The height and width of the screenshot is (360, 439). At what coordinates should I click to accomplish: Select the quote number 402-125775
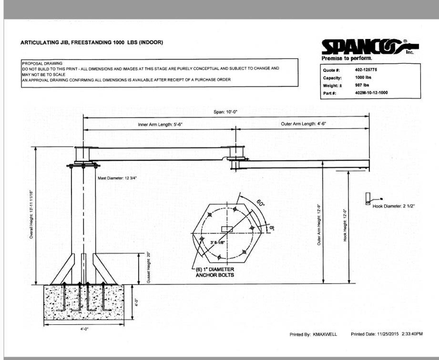pos(366,70)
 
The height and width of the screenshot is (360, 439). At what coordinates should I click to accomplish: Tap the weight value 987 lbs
pos(363,85)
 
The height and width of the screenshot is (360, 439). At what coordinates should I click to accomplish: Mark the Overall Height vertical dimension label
pos(31,214)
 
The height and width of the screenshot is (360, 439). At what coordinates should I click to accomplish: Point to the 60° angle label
pos(260,204)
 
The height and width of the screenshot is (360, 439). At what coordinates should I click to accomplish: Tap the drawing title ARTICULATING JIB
pos(92,42)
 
